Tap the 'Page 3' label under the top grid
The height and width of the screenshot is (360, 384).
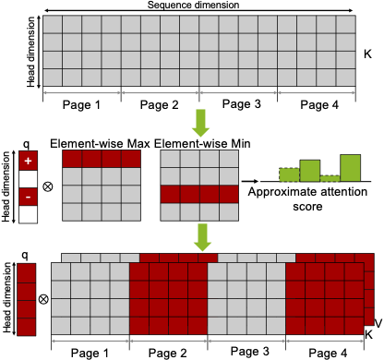pos(237,104)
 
